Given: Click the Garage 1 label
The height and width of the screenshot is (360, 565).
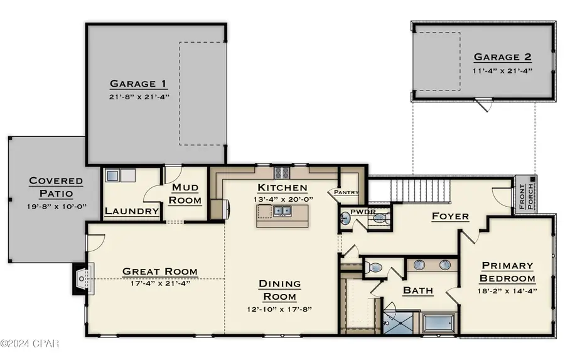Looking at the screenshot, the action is pos(138,84).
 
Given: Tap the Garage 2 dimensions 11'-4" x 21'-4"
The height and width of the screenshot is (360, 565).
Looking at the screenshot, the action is pos(502,71).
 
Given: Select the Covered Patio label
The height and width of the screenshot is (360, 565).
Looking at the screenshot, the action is pos(56,187).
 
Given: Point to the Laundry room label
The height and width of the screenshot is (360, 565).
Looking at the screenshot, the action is pos(132,211).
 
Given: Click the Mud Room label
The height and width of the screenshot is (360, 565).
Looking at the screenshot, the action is pos(185,194).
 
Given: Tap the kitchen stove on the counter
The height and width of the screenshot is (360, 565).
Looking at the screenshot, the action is pos(282,173).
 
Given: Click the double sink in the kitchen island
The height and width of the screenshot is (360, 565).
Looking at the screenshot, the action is pos(282,210).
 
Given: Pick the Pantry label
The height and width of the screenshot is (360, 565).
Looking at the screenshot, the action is pos(347,192).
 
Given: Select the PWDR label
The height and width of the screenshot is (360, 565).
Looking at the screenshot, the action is pos(363,212).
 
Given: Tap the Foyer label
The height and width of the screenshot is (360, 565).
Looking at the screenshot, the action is pos(450,216).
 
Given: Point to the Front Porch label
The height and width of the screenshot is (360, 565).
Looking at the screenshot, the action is pos(526,197).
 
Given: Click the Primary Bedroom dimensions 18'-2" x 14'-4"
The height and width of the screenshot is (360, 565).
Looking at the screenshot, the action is pos(507,291).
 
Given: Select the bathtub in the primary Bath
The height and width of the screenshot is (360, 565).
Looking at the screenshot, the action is pos(439,323).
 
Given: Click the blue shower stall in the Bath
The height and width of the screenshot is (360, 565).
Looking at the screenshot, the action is pos(399,322).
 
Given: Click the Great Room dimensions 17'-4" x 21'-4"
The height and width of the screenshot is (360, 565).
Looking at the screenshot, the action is pos(160,283).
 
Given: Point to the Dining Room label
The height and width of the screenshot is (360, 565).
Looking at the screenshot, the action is pos(279,290).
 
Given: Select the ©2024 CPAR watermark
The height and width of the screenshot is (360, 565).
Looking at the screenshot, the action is pos(30,344).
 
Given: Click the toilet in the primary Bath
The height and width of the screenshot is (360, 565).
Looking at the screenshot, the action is pos(374,268).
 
